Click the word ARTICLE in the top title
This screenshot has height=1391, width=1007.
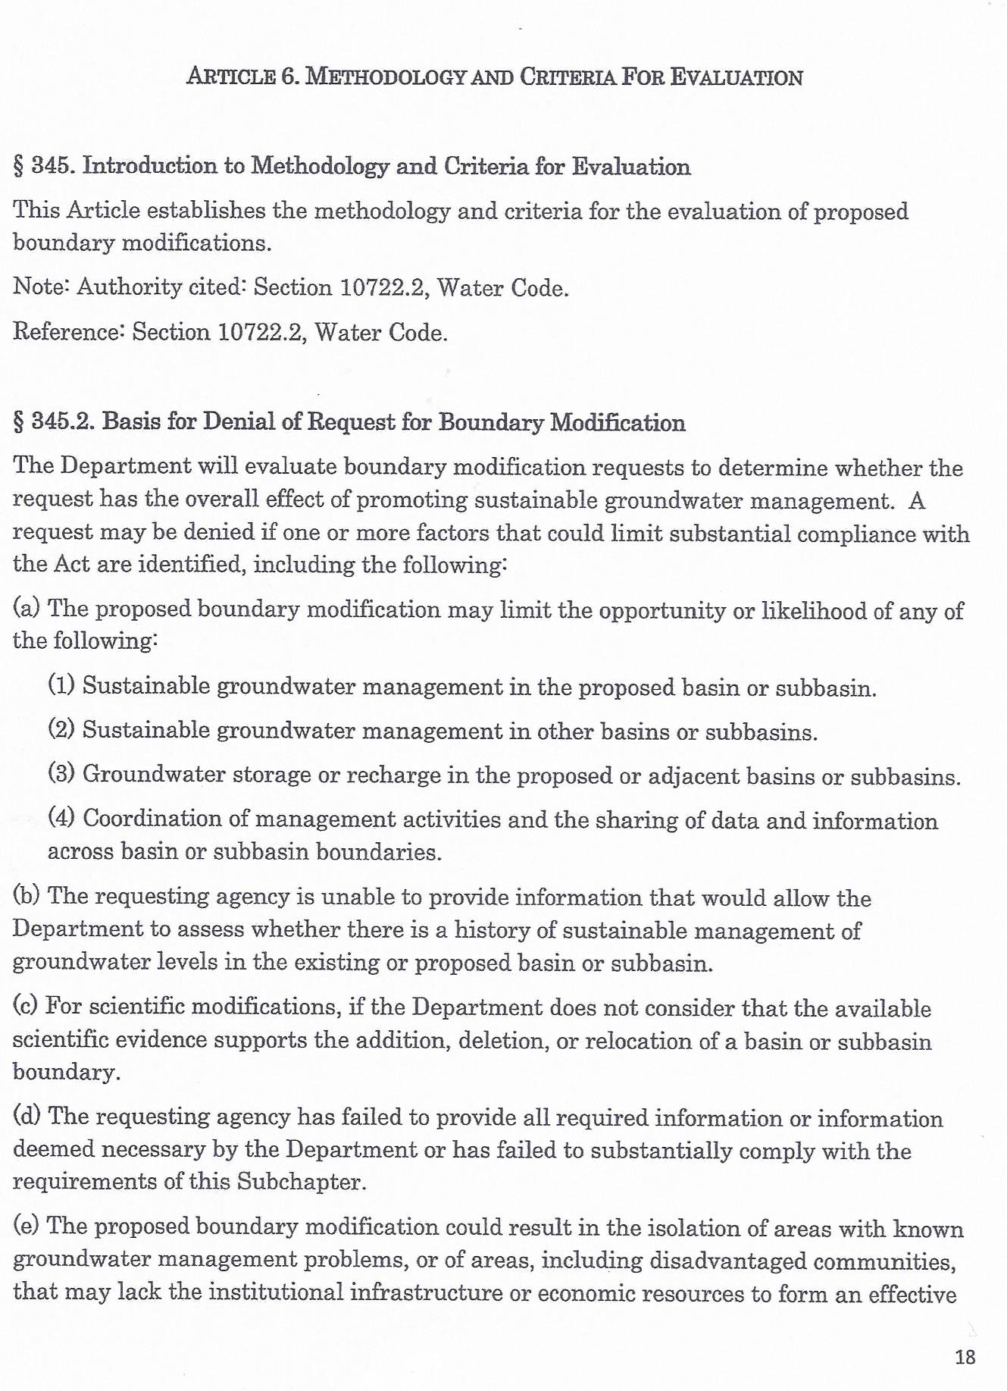(x=230, y=77)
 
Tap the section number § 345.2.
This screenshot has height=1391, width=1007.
(x=53, y=422)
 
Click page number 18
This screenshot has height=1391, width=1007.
(x=965, y=1356)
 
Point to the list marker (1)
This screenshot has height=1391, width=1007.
(x=61, y=686)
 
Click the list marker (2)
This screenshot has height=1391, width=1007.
(x=61, y=730)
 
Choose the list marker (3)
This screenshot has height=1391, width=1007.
(x=61, y=774)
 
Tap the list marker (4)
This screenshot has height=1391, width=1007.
(x=61, y=818)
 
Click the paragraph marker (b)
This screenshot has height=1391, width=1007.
(x=27, y=896)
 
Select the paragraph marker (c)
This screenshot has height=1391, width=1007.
(x=27, y=1007)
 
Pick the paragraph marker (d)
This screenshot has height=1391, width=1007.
(x=27, y=1117)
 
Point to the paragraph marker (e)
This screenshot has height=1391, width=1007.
(x=27, y=1227)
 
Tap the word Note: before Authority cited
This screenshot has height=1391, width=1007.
(x=42, y=287)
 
